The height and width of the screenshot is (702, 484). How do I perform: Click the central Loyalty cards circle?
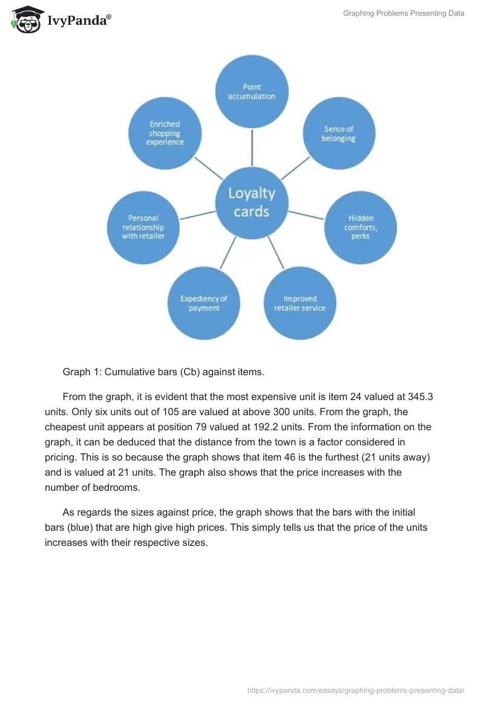point(252,203)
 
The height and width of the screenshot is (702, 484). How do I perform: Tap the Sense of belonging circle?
point(339,134)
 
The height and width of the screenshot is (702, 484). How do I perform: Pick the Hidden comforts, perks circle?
point(361,227)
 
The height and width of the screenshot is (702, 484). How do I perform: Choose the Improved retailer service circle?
point(300,303)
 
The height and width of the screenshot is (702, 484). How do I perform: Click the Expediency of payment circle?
point(204,303)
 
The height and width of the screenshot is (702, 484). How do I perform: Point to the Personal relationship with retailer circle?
point(143,227)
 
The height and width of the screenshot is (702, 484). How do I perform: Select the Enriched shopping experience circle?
point(165,133)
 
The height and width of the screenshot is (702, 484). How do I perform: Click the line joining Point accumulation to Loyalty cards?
point(252,147)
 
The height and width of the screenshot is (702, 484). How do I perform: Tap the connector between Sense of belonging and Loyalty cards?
point(295,168)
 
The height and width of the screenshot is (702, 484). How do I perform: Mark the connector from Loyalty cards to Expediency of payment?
point(227,253)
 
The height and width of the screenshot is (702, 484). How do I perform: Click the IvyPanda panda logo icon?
point(25,19)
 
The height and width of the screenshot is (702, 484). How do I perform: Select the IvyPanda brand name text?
point(79,21)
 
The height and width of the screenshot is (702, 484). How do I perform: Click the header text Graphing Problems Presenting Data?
point(404,13)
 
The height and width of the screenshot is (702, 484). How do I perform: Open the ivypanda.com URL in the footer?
point(356,690)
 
